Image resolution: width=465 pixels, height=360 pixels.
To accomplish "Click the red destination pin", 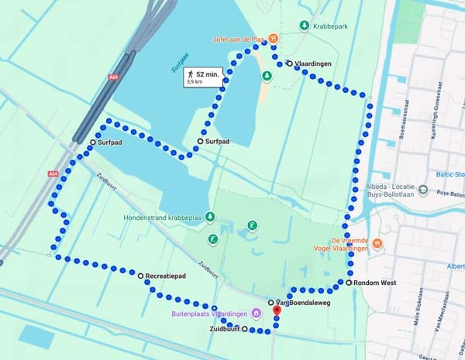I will point(276,312).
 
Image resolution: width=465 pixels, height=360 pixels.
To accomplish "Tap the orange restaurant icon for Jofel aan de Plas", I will point(274,38).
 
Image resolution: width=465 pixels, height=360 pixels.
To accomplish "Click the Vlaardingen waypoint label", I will point(312,63).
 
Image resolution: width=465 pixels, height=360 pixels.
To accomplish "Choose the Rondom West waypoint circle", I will point(349,283).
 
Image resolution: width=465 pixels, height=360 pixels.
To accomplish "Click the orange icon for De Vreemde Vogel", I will point(377,243).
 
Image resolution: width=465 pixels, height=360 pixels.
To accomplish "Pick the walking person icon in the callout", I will point(190,74).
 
